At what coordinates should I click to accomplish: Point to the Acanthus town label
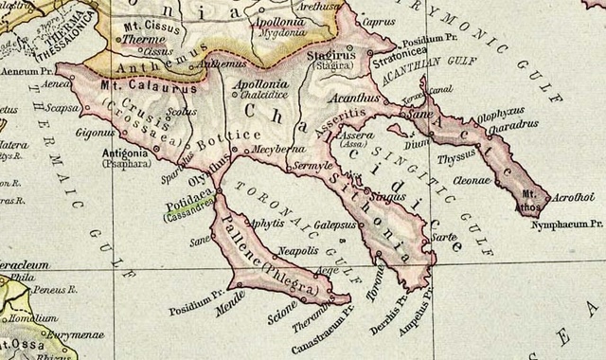tap(355, 98)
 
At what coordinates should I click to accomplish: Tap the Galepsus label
tap(333, 225)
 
